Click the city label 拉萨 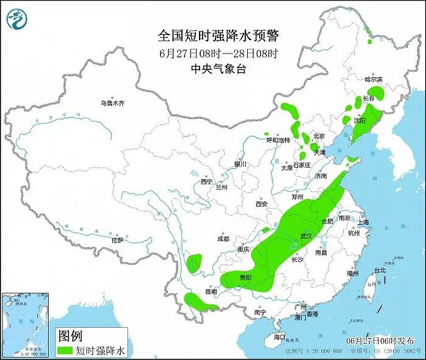coord(117,241)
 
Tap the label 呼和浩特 coord(279,139)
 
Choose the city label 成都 coord(223,239)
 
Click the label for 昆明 coord(210,292)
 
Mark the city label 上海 coord(365,222)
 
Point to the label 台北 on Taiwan coord(379,270)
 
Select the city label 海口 coord(279,337)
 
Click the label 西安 coord(262,204)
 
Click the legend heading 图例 coord(69,336)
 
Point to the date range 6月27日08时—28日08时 coord(218,53)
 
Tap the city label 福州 coord(352,274)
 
